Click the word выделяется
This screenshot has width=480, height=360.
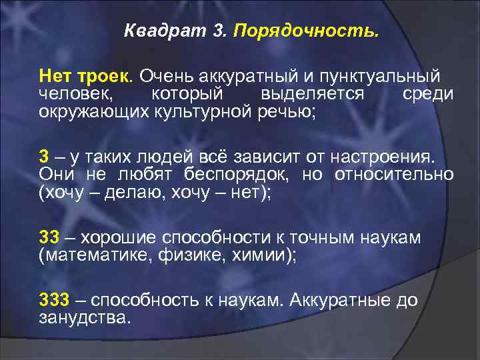313,95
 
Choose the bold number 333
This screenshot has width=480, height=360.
54,301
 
